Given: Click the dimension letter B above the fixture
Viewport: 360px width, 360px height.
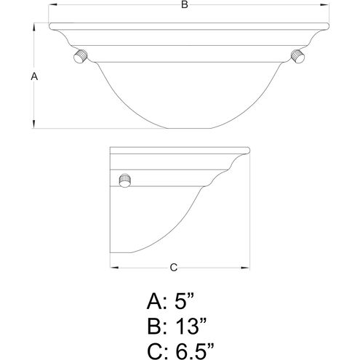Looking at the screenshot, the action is (185, 4).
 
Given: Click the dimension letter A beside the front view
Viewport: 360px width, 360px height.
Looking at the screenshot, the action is (34, 76).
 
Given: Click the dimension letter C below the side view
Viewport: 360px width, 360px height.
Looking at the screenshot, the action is (174, 268).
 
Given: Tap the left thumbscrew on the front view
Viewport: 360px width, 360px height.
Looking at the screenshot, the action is (80, 56).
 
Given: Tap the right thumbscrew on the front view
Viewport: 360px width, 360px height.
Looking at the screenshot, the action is (297, 56).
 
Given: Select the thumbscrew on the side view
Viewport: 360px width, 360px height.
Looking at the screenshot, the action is (125, 180).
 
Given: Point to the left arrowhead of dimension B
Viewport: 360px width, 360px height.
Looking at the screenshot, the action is (52, 4).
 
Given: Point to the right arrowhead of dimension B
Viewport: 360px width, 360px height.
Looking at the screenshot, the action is (325, 4).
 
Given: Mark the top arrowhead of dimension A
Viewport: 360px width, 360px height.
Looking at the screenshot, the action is (34, 27).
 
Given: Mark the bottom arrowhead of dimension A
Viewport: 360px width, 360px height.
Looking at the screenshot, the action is (34, 124).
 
